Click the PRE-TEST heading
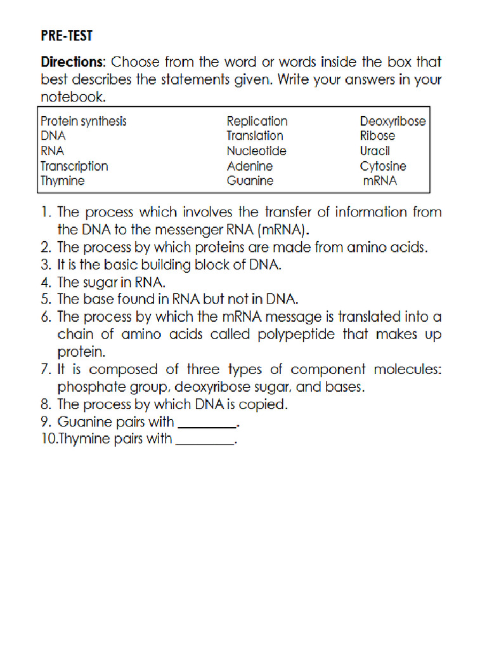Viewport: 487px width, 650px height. [67, 36]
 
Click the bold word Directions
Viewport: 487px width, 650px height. [72, 62]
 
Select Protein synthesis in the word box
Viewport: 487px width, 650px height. [83, 121]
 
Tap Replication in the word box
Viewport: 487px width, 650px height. [257, 121]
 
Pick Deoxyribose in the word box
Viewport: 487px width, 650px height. [393, 121]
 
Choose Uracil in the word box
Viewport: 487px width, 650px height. [375, 151]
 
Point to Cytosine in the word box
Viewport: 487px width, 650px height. [383, 166]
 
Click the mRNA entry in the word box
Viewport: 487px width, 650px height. [380, 181]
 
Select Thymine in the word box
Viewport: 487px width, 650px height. [62, 181]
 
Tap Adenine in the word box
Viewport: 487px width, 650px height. [250, 166]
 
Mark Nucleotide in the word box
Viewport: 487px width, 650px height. [256, 151]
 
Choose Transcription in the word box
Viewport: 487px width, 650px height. [74, 166]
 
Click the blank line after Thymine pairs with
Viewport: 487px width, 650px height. [204, 439]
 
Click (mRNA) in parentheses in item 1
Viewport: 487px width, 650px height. [283, 230]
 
